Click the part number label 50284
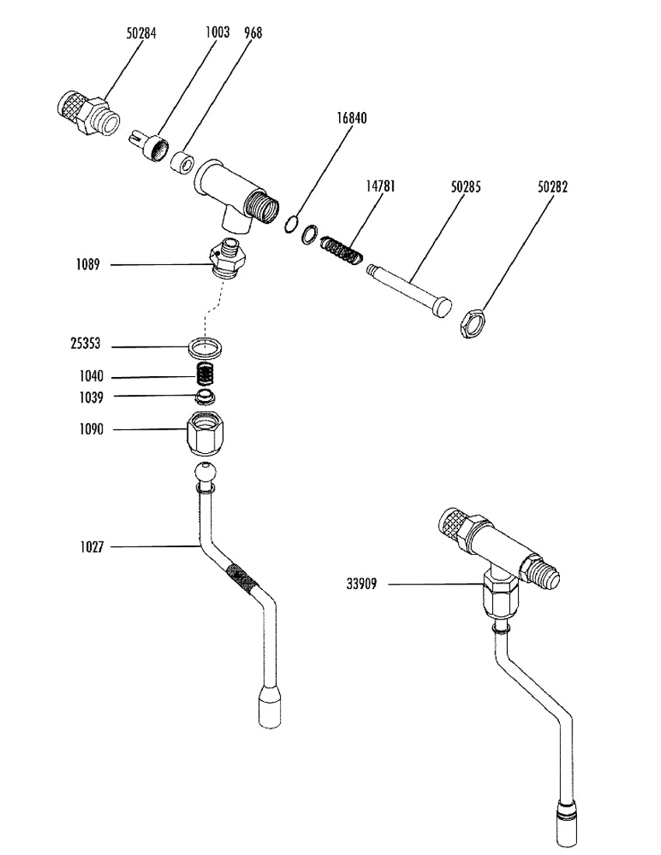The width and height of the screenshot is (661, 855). tap(142, 33)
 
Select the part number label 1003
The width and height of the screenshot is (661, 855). tap(217, 32)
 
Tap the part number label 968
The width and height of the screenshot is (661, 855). tap(253, 33)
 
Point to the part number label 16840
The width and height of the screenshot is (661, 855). tap(351, 118)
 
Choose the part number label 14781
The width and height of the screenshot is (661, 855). tap(380, 187)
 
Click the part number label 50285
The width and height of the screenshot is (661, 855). tap(466, 187)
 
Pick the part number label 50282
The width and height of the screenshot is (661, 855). tap(552, 187)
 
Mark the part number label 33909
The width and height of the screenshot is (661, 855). tap(362, 585)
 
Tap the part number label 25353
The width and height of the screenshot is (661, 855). tap(86, 344)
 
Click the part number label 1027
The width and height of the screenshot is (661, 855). tap(92, 547)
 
